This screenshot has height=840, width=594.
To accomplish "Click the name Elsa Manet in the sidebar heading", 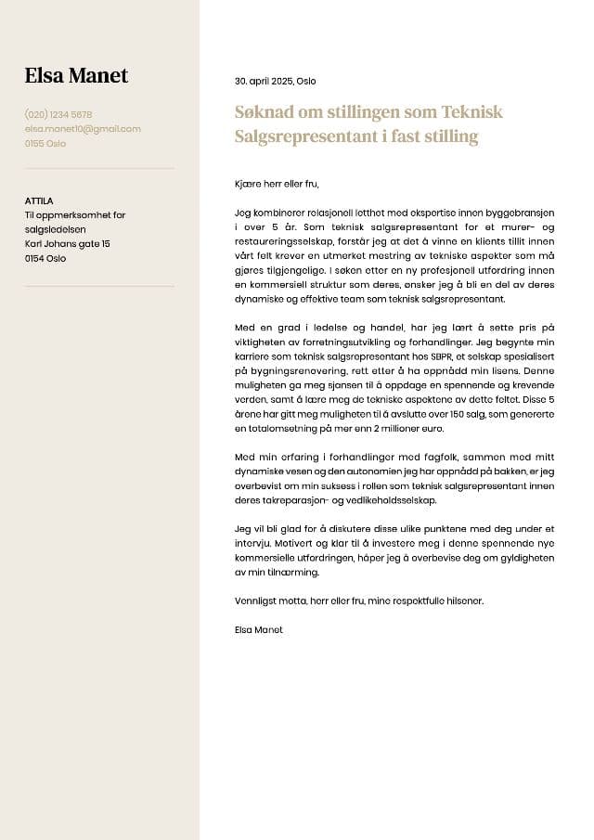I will (x=76, y=76).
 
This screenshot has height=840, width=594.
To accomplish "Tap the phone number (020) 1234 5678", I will (x=58, y=115).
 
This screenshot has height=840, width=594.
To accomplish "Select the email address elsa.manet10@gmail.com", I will (x=83, y=129).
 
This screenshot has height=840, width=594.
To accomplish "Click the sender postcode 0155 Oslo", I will (x=45, y=144).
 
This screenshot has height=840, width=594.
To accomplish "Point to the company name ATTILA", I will (x=39, y=200).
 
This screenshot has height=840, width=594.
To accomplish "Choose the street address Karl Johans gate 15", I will (x=68, y=244).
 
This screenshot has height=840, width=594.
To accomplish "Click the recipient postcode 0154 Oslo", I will (x=45, y=259).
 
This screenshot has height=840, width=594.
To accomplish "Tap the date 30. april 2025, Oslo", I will (x=275, y=82).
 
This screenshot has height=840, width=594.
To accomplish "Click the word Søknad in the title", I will (x=264, y=112).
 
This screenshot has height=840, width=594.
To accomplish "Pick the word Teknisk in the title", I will (x=471, y=112).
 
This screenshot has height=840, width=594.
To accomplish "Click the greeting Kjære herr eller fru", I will (x=278, y=185).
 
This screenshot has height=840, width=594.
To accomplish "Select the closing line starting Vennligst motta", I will (x=359, y=601).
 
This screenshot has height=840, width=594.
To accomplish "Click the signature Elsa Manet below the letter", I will (x=259, y=630).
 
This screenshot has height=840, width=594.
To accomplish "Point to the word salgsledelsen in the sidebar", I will (x=55, y=229).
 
